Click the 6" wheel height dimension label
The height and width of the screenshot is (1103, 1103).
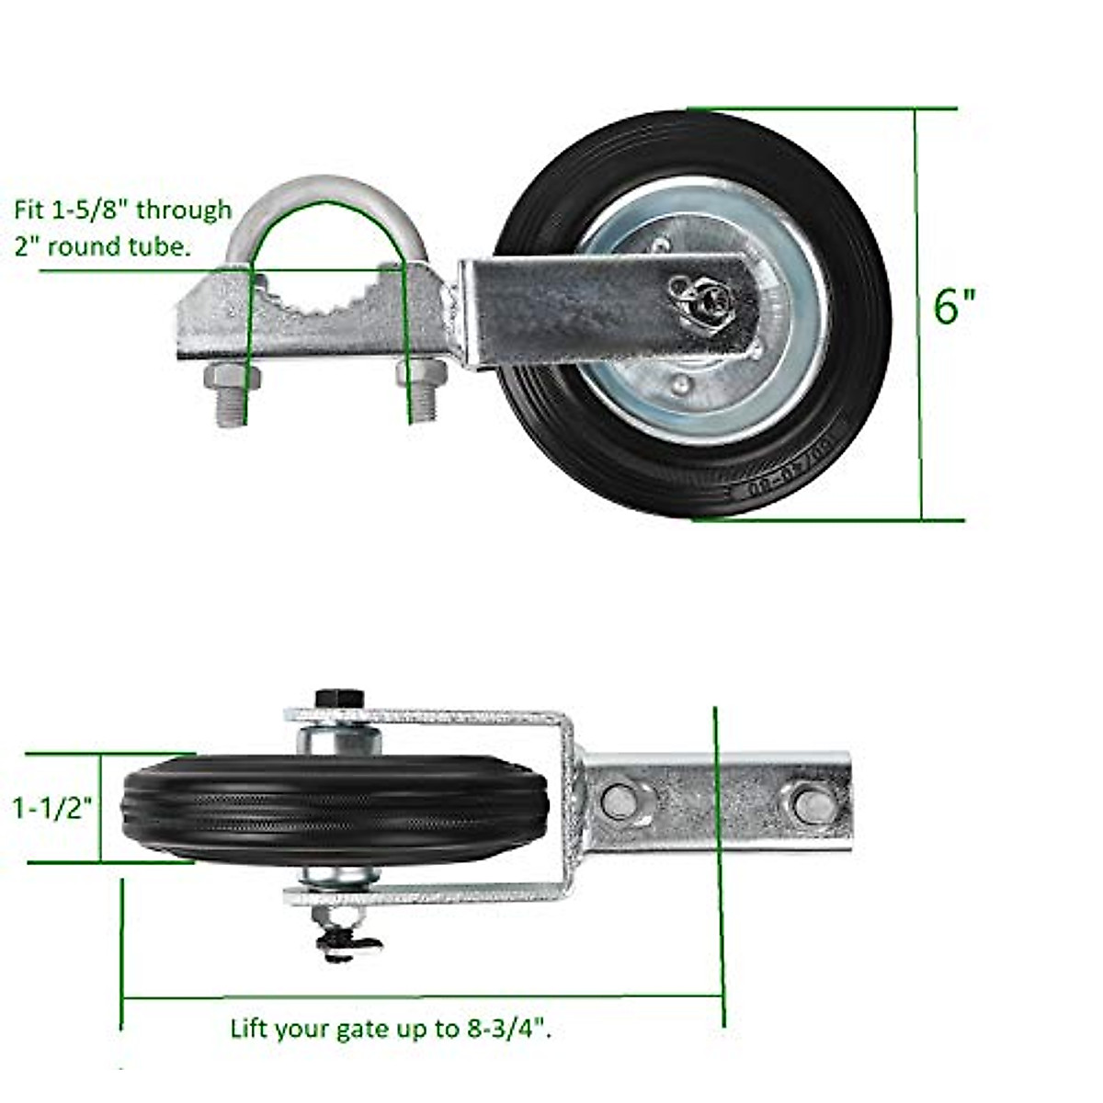point(953,306)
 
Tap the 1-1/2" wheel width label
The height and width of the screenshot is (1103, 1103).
point(53,809)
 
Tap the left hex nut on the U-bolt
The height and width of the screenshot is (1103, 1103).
point(230,377)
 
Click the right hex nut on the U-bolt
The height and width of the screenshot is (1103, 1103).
point(420,375)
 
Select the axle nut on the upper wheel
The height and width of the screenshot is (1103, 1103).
point(703,299)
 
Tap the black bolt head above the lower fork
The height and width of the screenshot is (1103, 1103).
point(339,699)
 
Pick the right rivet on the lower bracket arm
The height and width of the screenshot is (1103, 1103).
point(808,803)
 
